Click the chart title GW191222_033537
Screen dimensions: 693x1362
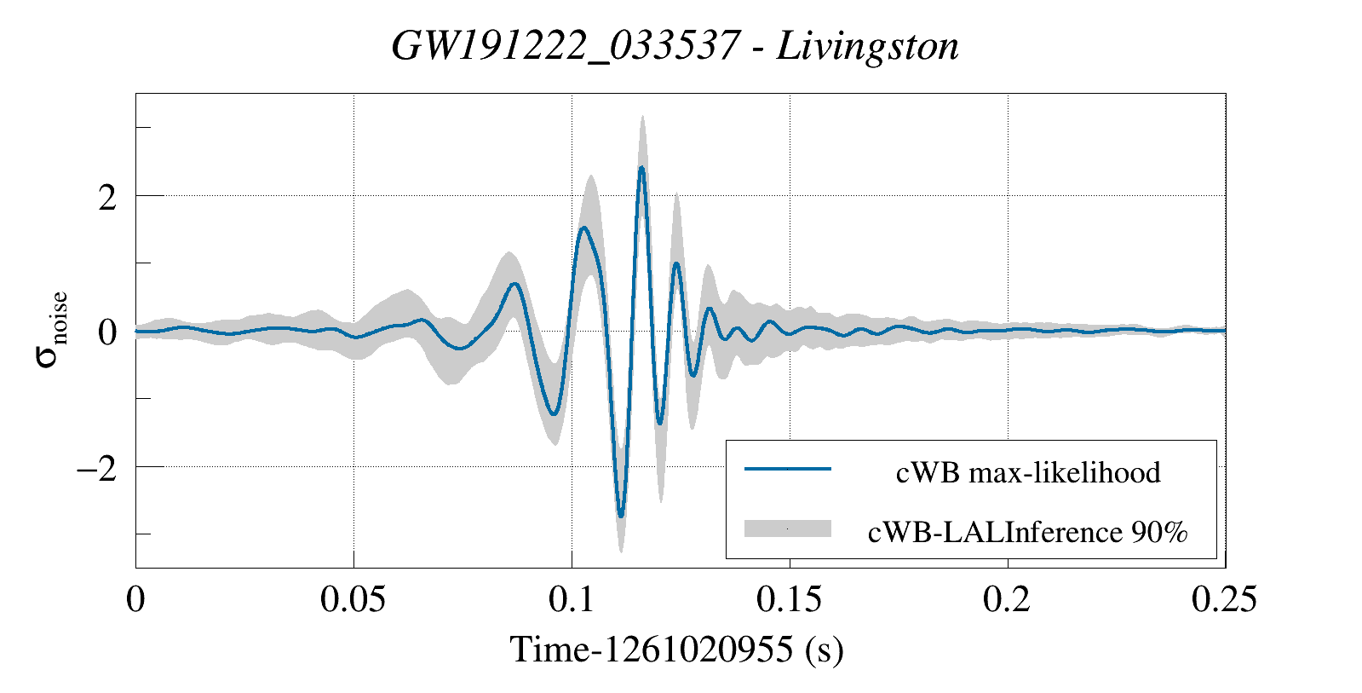click(x=565, y=46)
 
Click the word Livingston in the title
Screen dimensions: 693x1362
click(x=868, y=46)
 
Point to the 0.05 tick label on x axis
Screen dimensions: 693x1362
click(x=353, y=599)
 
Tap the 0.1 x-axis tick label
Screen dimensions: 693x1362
click(x=572, y=599)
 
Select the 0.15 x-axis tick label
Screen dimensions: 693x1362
click(x=790, y=599)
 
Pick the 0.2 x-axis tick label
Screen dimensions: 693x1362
click(x=1007, y=599)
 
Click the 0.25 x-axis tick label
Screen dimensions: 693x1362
click(x=1224, y=599)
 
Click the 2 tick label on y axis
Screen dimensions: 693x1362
click(x=106, y=198)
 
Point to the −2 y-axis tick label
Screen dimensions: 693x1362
click(x=95, y=469)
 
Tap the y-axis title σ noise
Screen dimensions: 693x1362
click(x=51, y=331)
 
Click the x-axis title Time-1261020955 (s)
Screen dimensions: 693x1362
click(x=676, y=650)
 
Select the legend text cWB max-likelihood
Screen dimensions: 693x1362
click(x=1028, y=472)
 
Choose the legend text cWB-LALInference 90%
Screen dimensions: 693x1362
click(x=1027, y=532)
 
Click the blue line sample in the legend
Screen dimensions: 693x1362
click(x=787, y=469)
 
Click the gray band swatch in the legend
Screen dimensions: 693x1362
click(x=787, y=528)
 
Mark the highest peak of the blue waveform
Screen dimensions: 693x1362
click(x=641, y=168)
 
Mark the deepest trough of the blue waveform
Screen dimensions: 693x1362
click(x=621, y=515)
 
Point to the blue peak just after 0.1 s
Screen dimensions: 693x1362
click(x=583, y=228)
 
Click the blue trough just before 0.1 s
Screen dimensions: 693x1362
click(x=555, y=413)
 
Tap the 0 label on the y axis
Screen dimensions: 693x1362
click(x=106, y=332)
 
